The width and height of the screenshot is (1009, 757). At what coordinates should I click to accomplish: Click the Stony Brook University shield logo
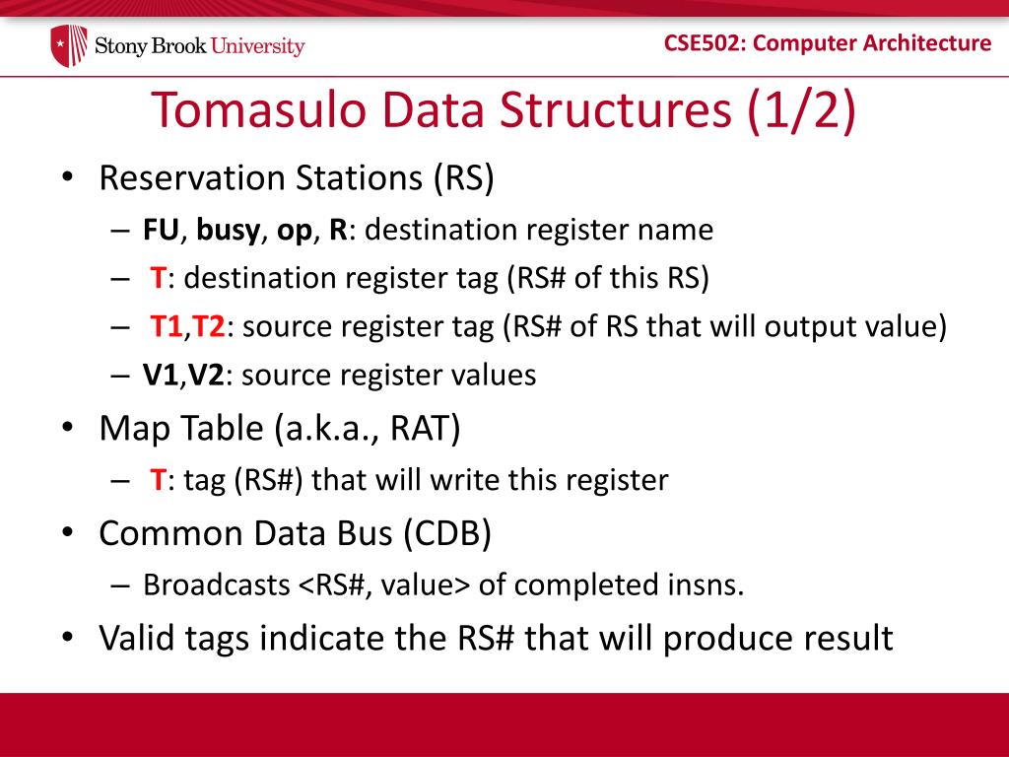[x=69, y=45]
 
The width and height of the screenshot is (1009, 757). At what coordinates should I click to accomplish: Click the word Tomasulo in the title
[x=258, y=109]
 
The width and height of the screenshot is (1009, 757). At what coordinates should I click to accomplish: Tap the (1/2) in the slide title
[x=801, y=110]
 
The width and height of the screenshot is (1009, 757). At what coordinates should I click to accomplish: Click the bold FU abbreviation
[x=161, y=230]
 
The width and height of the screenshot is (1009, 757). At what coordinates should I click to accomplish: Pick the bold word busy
[x=229, y=231]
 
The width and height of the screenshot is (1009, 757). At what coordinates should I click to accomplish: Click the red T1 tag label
[x=166, y=326]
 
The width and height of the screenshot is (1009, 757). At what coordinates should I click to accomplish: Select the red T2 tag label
[x=209, y=326]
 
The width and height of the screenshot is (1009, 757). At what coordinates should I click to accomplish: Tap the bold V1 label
[x=161, y=376]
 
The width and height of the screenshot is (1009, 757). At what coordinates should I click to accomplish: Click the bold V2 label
[x=206, y=376]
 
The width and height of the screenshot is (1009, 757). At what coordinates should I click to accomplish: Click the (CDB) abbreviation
[x=448, y=533]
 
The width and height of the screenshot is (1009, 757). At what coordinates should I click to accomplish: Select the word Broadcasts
[x=217, y=585]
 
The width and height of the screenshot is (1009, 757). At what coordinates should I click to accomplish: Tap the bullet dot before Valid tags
[x=68, y=639]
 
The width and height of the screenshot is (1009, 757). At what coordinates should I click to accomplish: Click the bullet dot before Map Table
[x=68, y=429]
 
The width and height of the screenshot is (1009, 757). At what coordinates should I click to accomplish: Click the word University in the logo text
[x=257, y=46]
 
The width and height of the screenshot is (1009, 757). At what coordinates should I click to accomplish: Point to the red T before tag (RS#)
[x=159, y=480]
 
